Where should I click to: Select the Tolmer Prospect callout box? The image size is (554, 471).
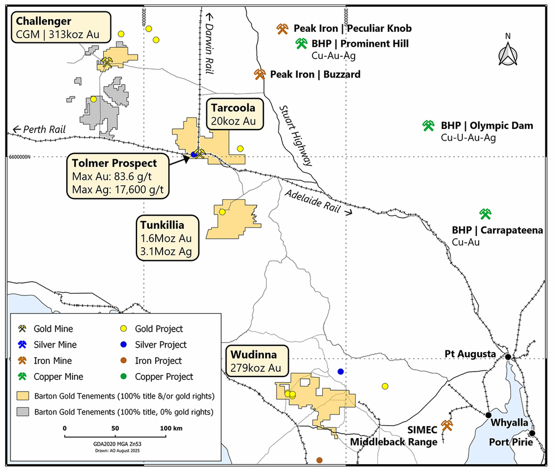115,177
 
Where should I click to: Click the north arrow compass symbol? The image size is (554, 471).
508,52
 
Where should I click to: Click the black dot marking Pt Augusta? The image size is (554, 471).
508,357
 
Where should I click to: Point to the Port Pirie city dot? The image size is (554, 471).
532,433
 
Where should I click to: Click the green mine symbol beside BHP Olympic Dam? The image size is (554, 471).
429,126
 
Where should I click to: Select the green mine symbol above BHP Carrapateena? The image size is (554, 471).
485,213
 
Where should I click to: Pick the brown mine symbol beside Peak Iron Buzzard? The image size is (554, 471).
260,74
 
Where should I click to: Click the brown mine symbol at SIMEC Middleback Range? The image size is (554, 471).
447,425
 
